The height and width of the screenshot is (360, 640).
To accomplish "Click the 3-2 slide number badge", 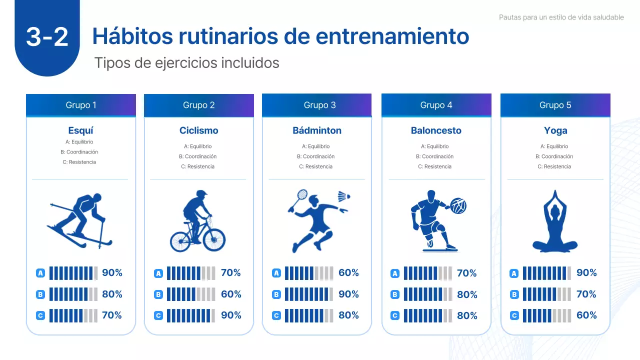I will point(47,37).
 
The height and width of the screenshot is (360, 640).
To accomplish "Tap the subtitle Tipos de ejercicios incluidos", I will point(186,63).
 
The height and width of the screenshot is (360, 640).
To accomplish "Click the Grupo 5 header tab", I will point(555,105).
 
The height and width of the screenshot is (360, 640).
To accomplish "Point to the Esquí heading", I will point(80,130).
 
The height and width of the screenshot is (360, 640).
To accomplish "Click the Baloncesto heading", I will point(436,130).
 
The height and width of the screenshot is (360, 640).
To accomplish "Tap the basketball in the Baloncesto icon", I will point(458,205).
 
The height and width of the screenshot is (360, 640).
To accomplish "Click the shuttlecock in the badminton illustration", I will point(343,196).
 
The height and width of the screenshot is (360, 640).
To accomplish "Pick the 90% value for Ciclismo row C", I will point(231,315).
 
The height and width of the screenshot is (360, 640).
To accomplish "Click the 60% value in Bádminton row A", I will point(348,273).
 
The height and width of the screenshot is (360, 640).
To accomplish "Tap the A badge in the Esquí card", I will point(40,273).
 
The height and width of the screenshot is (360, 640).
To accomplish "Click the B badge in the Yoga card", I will point(514,294).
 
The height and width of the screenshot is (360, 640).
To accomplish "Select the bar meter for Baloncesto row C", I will point(427,315).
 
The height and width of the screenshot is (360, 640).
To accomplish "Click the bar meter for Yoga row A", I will point(546,273).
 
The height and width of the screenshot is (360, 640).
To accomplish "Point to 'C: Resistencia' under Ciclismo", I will point(197,166).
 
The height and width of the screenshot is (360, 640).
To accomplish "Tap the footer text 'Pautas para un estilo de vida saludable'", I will point(561,17).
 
